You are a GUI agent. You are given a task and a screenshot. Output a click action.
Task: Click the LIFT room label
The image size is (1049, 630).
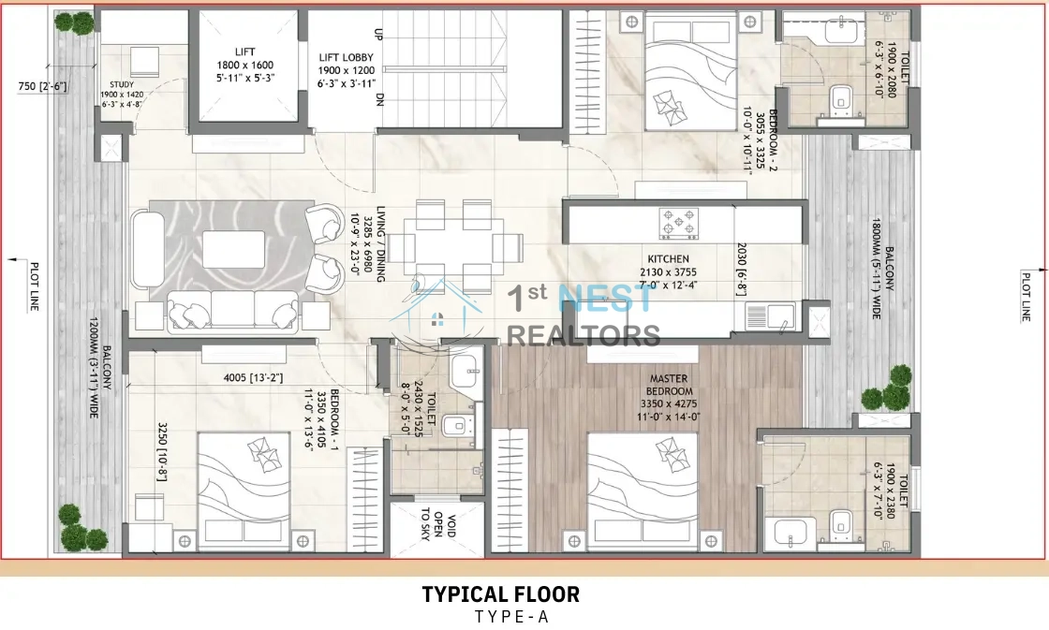[x=244, y=51]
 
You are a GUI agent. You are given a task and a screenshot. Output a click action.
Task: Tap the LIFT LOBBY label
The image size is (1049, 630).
[x=346, y=57]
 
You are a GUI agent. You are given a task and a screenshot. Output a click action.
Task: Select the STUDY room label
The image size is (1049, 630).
[x=122, y=85]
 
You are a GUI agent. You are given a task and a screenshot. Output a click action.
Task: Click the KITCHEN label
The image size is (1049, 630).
[x=669, y=258]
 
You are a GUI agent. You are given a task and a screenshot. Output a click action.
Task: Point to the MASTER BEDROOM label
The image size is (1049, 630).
[x=669, y=385]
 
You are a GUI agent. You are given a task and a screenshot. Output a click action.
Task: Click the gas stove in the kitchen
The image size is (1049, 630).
[x=679, y=224]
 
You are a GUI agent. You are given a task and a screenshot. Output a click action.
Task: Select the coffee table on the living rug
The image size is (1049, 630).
[x=233, y=249]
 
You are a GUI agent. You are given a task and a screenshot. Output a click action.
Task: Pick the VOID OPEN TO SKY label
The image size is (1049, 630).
[x=437, y=524]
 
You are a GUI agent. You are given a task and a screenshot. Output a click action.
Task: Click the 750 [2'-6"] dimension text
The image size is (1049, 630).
[x=42, y=86]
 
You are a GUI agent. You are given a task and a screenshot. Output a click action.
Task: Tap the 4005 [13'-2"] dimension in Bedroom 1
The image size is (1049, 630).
[x=253, y=378]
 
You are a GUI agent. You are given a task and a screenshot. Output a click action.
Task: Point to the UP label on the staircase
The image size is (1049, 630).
[x=378, y=33]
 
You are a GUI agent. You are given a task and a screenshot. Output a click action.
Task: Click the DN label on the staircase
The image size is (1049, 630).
[x=379, y=99]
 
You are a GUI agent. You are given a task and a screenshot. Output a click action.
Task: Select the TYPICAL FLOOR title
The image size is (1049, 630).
[x=500, y=593]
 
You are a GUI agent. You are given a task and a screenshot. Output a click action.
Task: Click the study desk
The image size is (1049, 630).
[x=144, y=62]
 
